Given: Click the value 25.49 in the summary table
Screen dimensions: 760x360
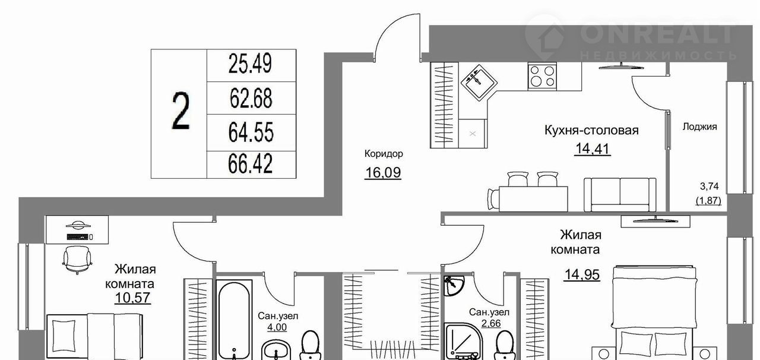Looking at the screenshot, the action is pyautogui.click(x=250, y=64).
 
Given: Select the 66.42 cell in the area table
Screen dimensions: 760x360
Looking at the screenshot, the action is pyautogui.click(x=251, y=164).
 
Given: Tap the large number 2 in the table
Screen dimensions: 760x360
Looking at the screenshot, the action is pyautogui.click(x=180, y=112).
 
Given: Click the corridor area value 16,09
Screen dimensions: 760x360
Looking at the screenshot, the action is pyautogui.click(x=383, y=172).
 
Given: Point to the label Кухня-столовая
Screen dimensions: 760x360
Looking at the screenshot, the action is pyautogui.click(x=591, y=130).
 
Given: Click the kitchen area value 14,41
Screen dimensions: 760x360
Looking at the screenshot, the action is pyautogui.click(x=593, y=149).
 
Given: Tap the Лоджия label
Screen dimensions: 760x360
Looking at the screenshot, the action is pyautogui.click(x=699, y=127).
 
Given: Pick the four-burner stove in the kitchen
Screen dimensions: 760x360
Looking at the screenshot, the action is pyautogui.click(x=542, y=76).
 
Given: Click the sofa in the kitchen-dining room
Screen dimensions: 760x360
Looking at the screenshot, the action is pyautogui.click(x=620, y=195).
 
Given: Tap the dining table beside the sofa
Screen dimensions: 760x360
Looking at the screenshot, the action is pyautogui.click(x=533, y=198).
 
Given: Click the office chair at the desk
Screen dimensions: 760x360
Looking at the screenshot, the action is pyautogui.click(x=77, y=260).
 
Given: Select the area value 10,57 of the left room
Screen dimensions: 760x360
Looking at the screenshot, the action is pyautogui.click(x=132, y=298).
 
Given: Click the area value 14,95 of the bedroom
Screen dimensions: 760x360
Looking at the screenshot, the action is pyautogui.click(x=582, y=274).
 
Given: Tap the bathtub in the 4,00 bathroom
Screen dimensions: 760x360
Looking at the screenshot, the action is pyautogui.click(x=234, y=319).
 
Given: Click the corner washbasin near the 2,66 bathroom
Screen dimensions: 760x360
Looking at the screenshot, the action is pyautogui.click(x=453, y=285).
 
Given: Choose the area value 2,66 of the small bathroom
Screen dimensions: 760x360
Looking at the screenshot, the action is pyautogui.click(x=491, y=323).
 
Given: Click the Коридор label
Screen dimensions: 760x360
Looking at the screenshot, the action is pyautogui.click(x=384, y=154).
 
